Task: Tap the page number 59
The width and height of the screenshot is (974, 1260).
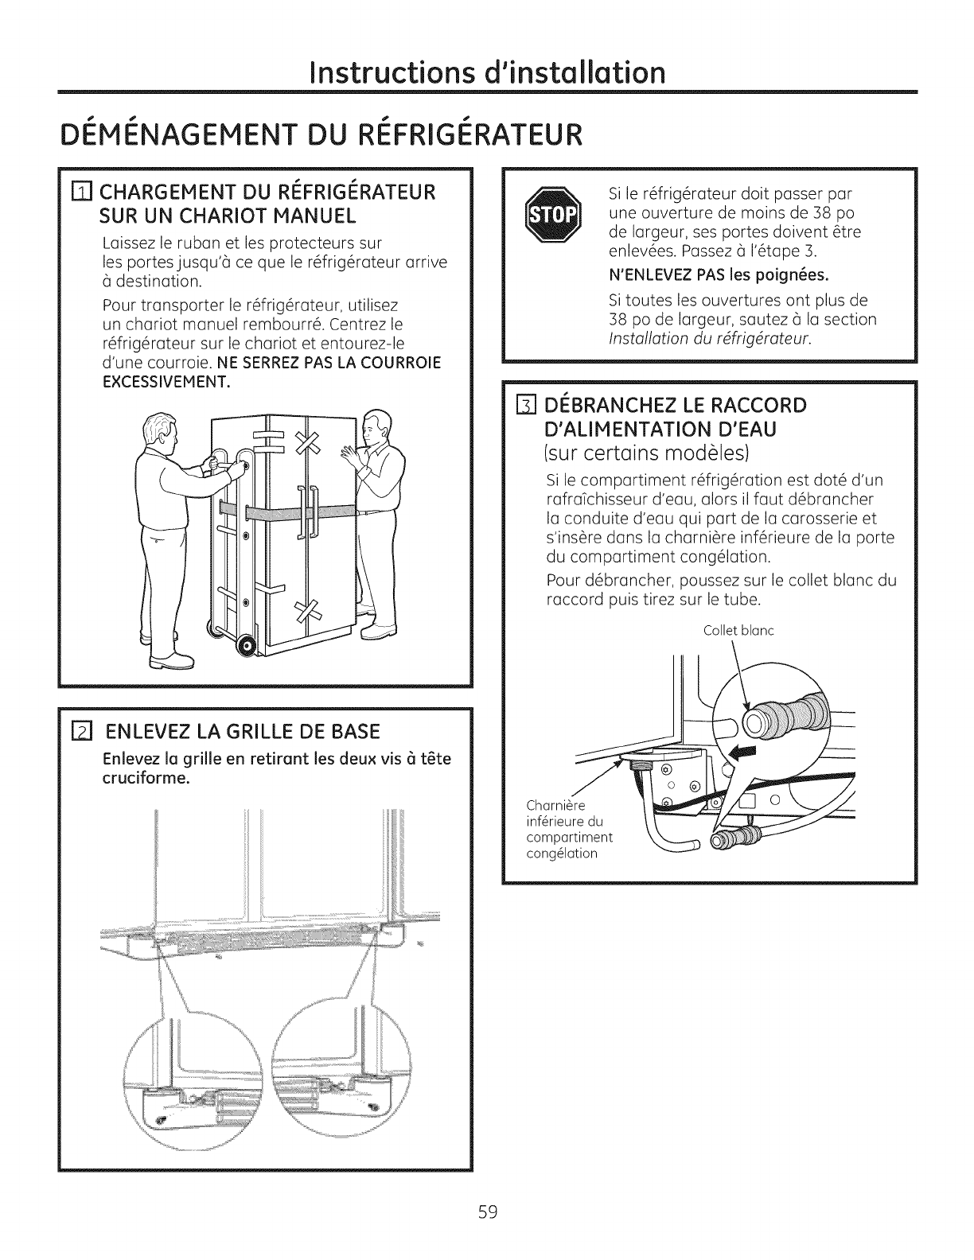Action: tap(487, 1212)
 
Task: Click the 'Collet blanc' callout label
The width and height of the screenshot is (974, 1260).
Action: tap(738, 631)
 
